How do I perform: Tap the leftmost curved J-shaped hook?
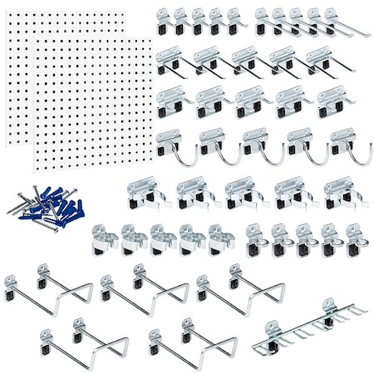pos(173,146)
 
